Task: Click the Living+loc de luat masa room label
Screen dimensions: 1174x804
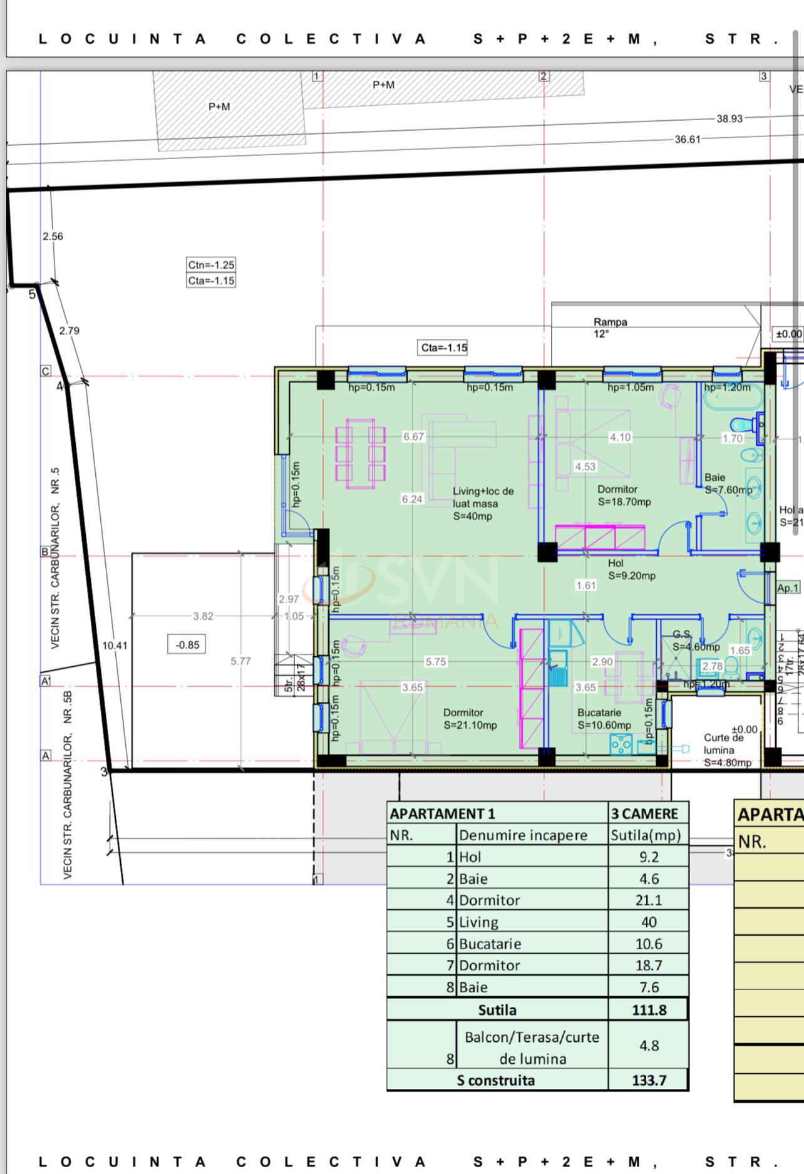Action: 483,503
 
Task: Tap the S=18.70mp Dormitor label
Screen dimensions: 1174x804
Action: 624,496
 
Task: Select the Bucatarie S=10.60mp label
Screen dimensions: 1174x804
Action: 604,719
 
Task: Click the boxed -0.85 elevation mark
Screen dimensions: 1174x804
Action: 187,644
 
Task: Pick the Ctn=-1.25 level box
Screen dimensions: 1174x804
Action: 211,265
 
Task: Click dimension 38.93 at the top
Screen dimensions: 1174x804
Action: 729,118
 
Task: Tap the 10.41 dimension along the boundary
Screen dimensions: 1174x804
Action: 115,645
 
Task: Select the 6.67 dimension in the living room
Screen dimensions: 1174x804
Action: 413,436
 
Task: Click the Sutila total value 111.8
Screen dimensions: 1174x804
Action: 649,1009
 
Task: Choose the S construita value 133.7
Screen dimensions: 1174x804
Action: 649,1080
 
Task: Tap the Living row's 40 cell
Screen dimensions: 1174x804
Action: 649,922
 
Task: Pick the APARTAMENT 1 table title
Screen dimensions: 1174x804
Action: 442,813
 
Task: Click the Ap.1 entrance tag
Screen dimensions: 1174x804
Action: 788,588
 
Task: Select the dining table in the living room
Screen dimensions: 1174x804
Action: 360,453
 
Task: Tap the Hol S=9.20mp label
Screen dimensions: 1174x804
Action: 631,569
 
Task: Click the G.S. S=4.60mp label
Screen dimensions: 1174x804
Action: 695,641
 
